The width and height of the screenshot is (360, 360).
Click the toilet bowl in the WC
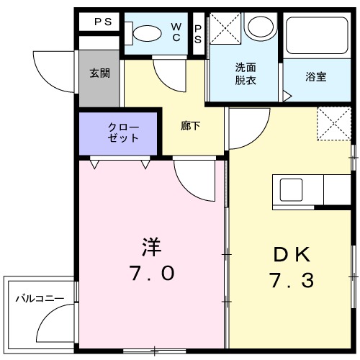tap(147, 32)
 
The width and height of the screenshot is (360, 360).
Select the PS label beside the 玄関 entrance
tap(102, 22)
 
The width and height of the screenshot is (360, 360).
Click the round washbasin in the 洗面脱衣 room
tap(257, 26)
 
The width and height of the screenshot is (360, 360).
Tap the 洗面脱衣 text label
tap(245, 73)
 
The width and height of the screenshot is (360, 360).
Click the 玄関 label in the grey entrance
tap(99, 73)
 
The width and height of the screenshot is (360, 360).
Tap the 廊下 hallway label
tap(190, 124)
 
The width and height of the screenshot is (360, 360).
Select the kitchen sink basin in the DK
tap(293, 192)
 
